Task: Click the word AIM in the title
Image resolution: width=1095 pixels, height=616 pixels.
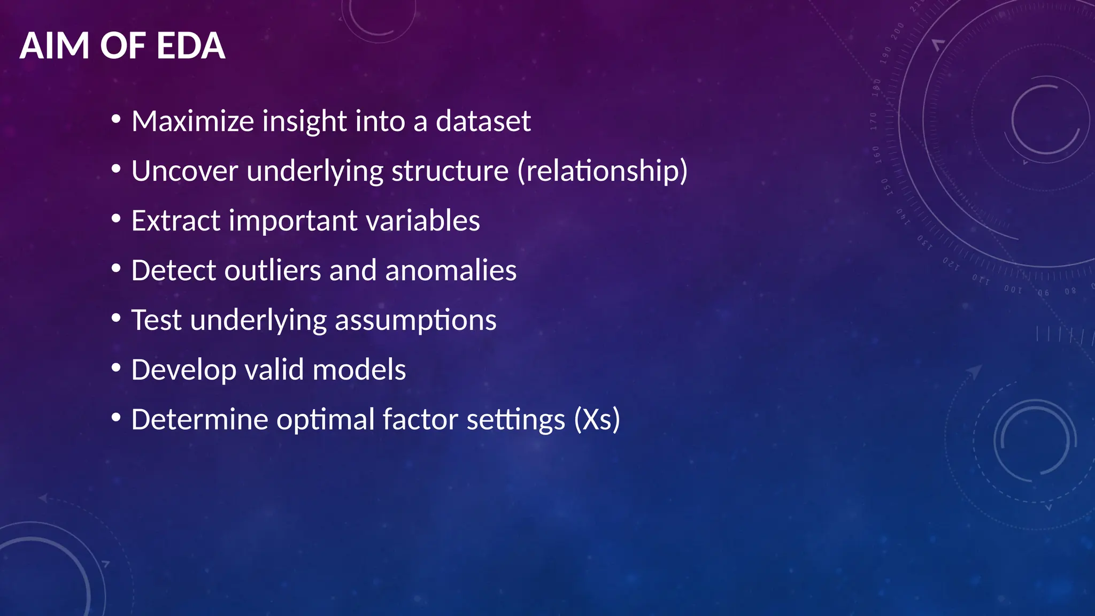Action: click(54, 46)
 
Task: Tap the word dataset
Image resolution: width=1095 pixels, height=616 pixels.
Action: click(483, 121)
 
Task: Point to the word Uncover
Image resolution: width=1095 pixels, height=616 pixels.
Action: click(184, 171)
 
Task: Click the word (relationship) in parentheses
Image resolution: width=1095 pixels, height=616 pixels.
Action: click(602, 171)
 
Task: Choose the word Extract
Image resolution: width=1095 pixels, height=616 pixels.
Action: click(175, 221)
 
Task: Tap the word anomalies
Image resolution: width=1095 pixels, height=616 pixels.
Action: click(451, 271)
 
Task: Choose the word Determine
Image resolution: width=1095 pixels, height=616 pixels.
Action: click(199, 420)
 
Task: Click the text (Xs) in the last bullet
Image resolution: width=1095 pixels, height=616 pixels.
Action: click(597, 420)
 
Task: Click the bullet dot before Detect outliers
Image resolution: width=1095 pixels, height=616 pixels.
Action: click(116, 269)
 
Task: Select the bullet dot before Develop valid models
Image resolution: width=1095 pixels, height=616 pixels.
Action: click(116, 368)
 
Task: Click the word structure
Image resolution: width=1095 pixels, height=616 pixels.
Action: click(450, 171)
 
